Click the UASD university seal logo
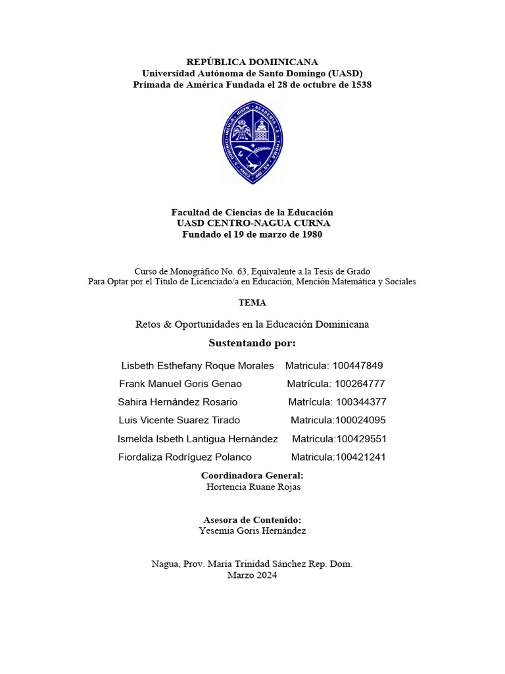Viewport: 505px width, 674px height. [252, 142]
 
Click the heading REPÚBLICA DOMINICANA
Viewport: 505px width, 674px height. [252, 62]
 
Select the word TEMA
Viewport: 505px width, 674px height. [252, 303]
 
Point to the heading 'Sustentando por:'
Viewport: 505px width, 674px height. [252, 343]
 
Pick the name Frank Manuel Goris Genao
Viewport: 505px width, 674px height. [180, 384]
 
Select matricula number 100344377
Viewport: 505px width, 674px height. [361, 402]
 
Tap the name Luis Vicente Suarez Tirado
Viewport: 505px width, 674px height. [179, 420]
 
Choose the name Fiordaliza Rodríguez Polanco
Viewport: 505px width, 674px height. [185, 457]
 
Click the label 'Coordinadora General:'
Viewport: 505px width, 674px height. [252, 475]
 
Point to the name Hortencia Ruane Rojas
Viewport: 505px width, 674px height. [253, 487]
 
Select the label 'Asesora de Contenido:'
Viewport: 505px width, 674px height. [252, 519]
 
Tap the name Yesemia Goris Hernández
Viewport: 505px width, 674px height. [252, 531]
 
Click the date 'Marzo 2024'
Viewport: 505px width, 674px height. [252, 575]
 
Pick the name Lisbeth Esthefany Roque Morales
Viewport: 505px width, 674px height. [198, 365]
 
